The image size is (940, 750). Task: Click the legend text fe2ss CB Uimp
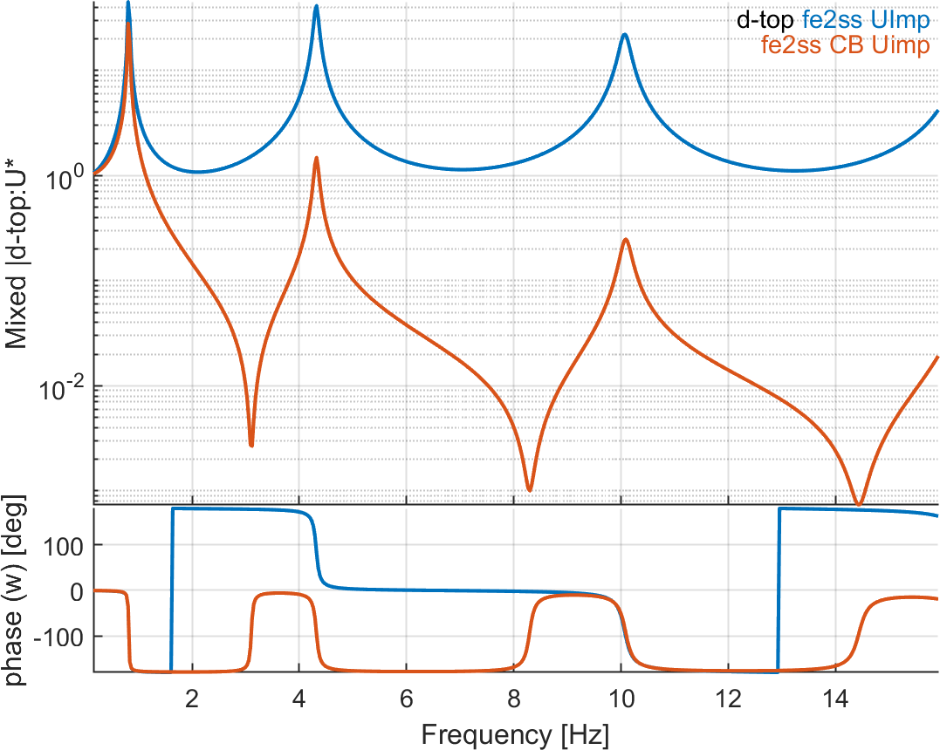[846, 45]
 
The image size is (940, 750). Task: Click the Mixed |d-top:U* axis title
[17, 253]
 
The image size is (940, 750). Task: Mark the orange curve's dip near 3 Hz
[251, 444]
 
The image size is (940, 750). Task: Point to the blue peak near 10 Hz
[624, 36]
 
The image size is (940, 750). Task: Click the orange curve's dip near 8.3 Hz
[529, 487]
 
